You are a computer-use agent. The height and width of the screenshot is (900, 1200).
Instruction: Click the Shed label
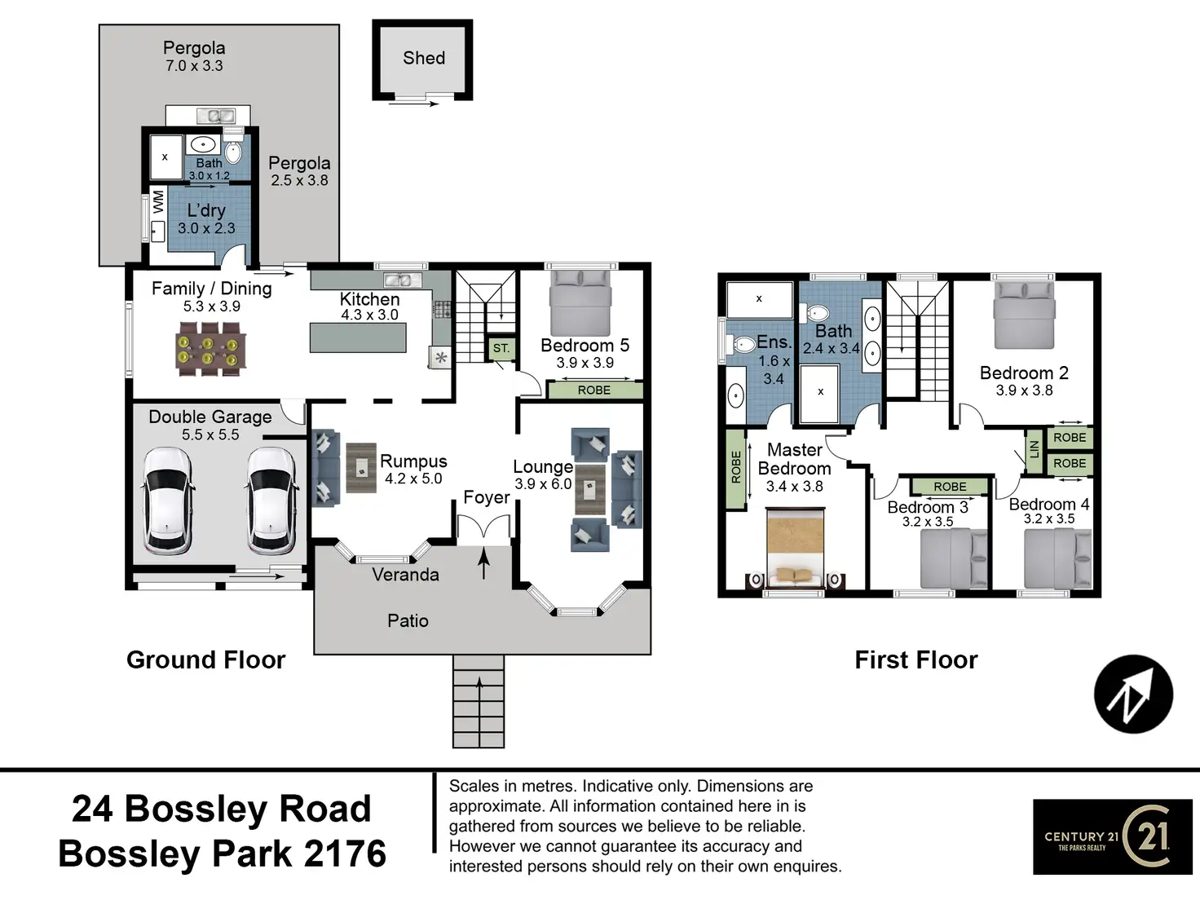424,58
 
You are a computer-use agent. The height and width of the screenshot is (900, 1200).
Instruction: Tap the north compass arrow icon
1133,695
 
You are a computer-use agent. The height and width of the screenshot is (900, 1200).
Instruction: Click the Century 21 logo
1112,836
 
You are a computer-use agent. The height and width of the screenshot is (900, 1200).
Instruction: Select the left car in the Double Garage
169,499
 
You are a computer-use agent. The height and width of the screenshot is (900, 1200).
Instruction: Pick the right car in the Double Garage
271,499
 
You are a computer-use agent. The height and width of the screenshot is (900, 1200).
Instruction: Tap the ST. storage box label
501,348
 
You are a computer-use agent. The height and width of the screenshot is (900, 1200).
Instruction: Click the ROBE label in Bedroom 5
593,390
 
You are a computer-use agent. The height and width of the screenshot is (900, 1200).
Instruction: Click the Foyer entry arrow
484,563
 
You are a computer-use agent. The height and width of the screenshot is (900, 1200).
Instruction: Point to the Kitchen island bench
358,337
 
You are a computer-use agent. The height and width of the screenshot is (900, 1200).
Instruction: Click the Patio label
408,621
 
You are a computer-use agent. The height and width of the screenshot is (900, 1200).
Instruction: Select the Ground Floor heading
205,660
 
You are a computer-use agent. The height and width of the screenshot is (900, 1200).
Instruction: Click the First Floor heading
915,660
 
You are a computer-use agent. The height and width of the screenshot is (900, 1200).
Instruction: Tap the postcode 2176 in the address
346,854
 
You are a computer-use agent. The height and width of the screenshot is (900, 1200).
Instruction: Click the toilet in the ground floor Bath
233,152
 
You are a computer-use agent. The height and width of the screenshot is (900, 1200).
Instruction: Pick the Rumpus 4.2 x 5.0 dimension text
413,479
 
